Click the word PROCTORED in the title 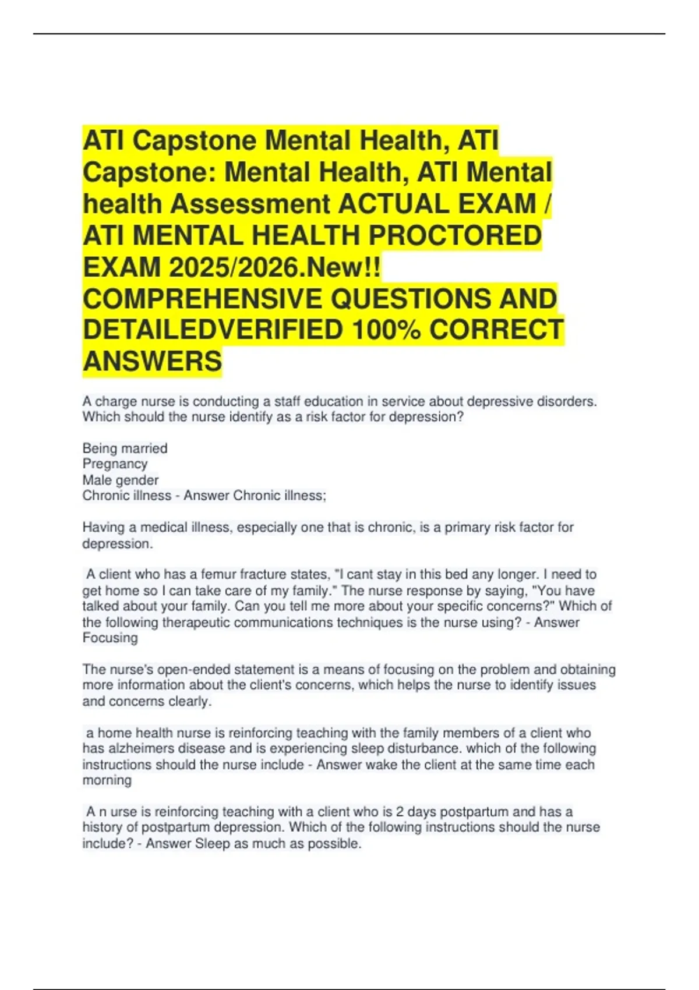tap(455, 235)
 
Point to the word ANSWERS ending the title tap(152, 361)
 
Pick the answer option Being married tap(125, 448)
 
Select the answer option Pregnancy tap(115, 464)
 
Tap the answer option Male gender tap(120, 480)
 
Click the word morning tap(107, 780)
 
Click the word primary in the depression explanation tap(468, 528)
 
